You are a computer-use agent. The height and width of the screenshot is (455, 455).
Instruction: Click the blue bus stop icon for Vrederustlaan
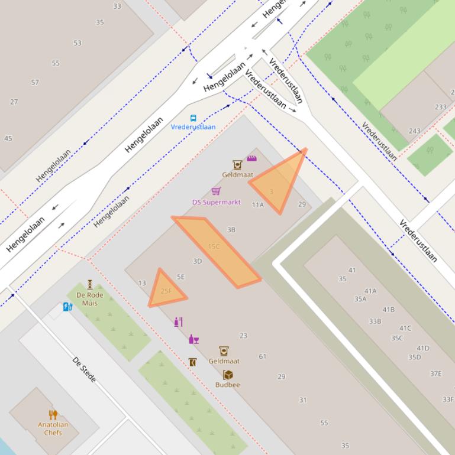[x=193, y=118]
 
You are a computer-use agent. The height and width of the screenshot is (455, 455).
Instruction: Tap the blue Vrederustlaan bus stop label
[x=193, y=127]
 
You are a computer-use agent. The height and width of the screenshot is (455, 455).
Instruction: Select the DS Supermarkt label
[x=217, y=202]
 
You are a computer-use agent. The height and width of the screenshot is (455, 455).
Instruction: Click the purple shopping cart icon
[x=216, y=191]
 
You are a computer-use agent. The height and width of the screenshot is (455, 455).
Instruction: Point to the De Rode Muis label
[x=89, y=299]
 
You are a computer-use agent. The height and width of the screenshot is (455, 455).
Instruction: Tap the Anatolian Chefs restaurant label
[x=53, y=428]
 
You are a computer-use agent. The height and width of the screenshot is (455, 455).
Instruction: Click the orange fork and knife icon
[x=53, y=415]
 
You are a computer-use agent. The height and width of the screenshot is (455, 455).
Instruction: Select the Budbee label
[x=227, y=385]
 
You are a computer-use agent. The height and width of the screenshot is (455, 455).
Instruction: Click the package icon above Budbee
[x=227, y=375]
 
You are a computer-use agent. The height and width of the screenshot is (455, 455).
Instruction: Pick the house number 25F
[x=166, y=291]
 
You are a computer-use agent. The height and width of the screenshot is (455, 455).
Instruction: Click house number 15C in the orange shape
[x=214, y=246]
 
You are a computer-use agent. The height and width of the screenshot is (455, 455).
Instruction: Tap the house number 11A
[x=257, y=205]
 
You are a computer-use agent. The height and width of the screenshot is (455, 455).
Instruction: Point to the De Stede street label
[x=84, y=369]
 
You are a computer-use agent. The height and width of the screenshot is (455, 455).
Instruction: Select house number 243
[x=414, y=131]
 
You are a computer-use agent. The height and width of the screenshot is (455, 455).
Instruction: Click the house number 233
[x=440, y=107]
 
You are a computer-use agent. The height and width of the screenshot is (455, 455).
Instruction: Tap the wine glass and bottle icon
[x=193, y=339]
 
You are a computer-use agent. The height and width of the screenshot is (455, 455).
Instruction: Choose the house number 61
[x=263, y=356]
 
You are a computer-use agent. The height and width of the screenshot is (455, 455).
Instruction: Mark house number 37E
[x=435, y=373]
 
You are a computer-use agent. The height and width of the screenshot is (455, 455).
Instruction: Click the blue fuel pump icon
[x=67, y=307]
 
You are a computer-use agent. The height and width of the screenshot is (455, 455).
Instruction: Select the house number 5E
[x=181, y=277]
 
